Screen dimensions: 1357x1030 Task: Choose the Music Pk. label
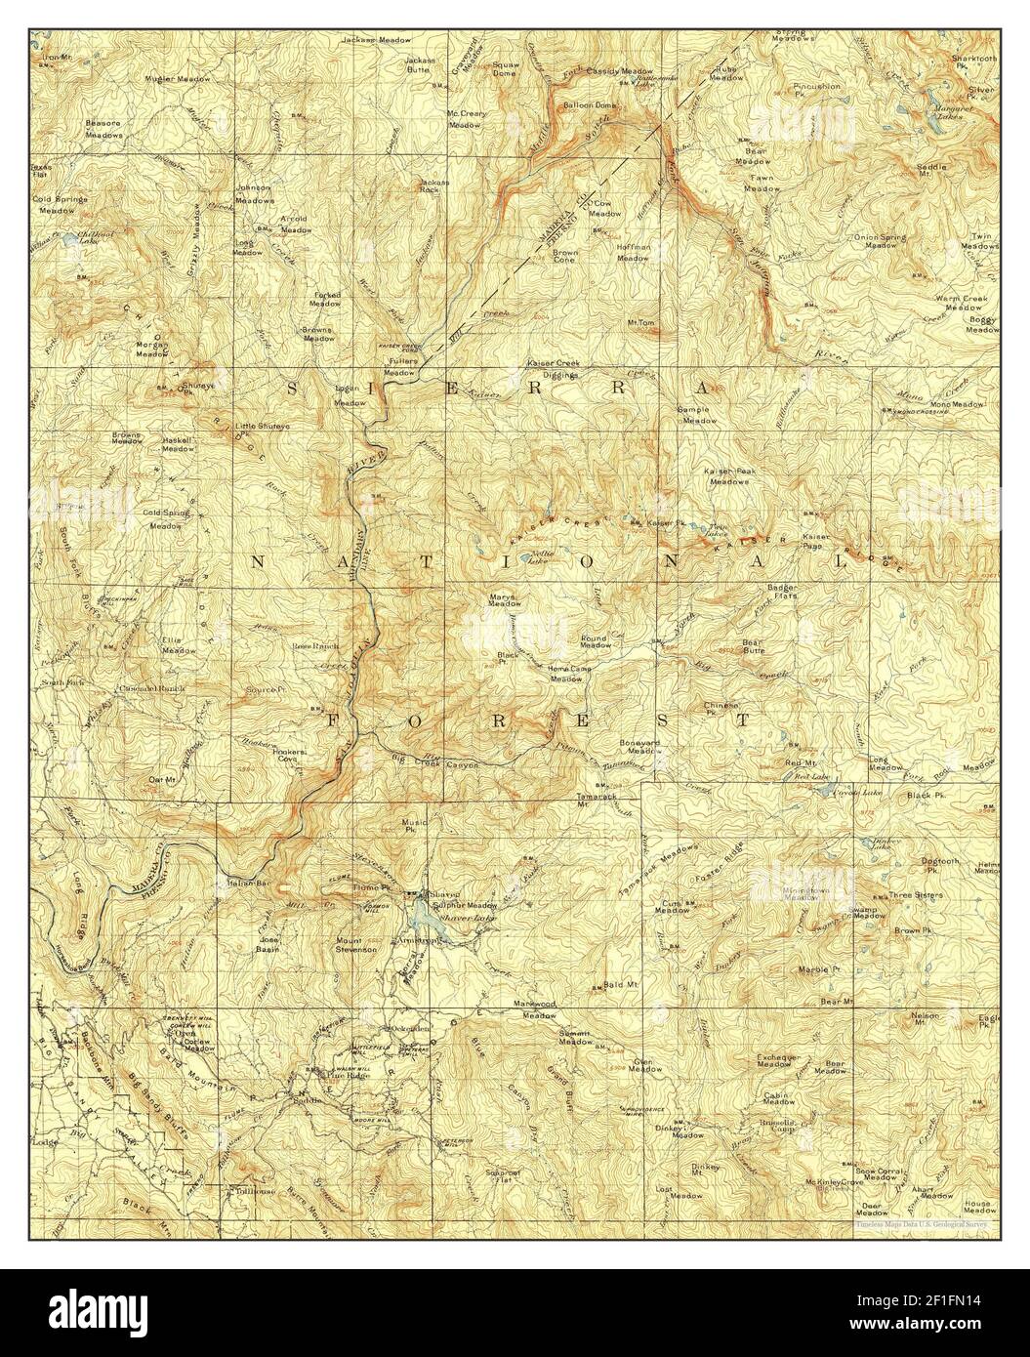pyautogui.click(x=417, y=826)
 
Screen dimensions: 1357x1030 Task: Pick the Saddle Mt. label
pyautogui.click(x=931, y=169)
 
